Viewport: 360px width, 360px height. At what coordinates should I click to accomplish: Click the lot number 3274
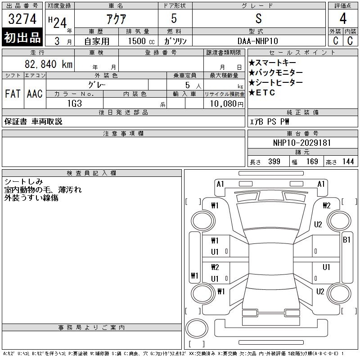[x=22, y=19]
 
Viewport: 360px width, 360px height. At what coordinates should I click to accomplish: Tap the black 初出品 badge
[x=22, y=37]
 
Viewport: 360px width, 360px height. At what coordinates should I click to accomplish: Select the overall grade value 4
[x=343, y=18]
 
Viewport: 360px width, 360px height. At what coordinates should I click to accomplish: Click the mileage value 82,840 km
[x=49, y=64]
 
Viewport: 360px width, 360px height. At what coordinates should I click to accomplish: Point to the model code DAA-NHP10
[x=258, y=41]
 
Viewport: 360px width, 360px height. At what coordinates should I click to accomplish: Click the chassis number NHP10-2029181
[x=301, y=143]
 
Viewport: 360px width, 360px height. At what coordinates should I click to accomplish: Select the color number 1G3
[x=75, y=103]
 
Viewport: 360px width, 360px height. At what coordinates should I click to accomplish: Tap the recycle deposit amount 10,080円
[x=227, y=104]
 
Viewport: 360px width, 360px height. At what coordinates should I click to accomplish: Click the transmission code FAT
[x=13, y=94]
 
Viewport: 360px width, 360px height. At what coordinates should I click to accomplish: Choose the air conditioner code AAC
[x=35, y=94]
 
